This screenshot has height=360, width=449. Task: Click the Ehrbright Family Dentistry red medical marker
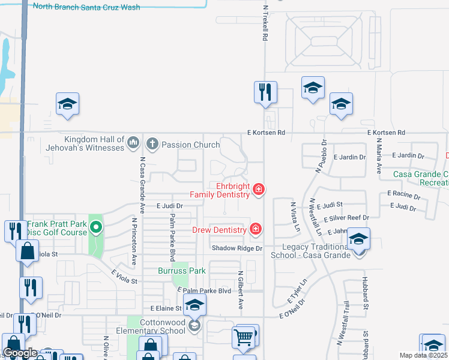tap(259, 190)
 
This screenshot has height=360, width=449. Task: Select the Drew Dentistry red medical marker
tap(256, 229)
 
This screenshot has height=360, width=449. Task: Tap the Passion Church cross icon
tap(152, 144)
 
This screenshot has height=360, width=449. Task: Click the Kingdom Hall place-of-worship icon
tap(133, 144)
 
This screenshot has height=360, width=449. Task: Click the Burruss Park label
tap(182, 271)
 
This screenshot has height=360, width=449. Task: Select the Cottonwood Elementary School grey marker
tap(194, 326)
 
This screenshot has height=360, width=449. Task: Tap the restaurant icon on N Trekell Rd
tap(265, 92)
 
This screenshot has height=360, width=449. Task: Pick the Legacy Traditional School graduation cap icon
tap(358, 239)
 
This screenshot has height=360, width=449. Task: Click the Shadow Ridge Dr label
tap(237, 248)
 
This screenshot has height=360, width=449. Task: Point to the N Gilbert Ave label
tap(240, 293)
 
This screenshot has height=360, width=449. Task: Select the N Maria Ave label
tap(379, 155)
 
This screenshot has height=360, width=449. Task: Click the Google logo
tap(20, 353)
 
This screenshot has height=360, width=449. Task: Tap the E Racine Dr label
tap(404, 194)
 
